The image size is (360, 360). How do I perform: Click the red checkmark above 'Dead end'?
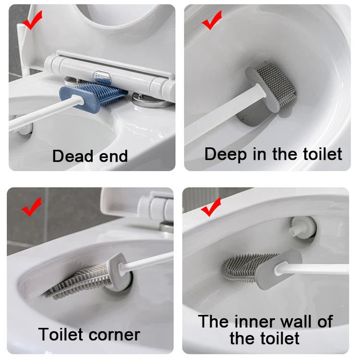click(x=32, y=21)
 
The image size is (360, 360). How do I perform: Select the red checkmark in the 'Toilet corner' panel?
click(x=32, y=206)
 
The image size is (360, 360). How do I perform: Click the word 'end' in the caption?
click(x=113, y=156)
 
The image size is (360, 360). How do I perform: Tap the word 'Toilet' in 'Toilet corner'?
click(x=60, y=334)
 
